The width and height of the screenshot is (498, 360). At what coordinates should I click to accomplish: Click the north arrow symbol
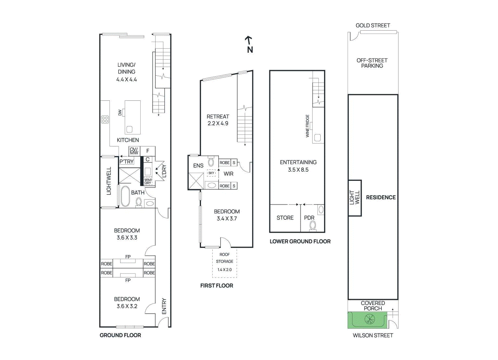pyautogui.click(x=249, y=40)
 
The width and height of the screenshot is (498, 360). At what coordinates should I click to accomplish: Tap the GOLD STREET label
pyautogui.click(x=373, y=26)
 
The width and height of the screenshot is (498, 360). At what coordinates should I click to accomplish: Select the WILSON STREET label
pyautogui.click(x=373, y=335)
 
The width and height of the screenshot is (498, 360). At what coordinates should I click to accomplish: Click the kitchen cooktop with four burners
pyautogui.click(x=105, y=119)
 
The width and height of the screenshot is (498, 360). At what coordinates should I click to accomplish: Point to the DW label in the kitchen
pyautogui.click(x=120, y=113)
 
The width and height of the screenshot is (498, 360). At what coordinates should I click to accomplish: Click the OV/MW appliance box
pyautogui.click(x=134, y=151)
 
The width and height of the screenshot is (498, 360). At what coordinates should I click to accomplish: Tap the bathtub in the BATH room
pyautogui.click(x=125, y=197)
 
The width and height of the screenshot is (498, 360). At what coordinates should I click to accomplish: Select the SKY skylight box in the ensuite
pyautogui.click(x=211, y=173)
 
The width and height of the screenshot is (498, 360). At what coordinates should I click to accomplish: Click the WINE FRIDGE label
pyautogui.click(x=308, y=126)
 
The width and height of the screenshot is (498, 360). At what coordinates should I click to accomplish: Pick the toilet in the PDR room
pyautogui.click(x=313, y=226)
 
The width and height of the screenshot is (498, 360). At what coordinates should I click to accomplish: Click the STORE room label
pyautogui.click(x=285, y=218)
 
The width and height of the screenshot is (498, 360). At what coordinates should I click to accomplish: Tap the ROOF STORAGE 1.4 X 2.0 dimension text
pyautogui.click(x=224, y=269)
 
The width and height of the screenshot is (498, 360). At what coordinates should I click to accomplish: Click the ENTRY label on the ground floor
pyautogui.click(x=164, y=306)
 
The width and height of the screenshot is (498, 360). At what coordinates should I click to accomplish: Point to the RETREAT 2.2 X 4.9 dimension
pyautogui.click(x=218, y=123)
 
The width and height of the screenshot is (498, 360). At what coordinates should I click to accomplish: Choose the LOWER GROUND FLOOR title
pyautogui.click(x=300, y=241)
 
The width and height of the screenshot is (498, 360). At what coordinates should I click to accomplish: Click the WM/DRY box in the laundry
pyautogui.click(x=148, y=181)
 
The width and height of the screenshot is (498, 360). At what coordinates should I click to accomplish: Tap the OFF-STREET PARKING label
pyautogui.click(x=372, y=63)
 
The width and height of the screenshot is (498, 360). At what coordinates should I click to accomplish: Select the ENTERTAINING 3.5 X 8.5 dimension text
pyautogui.click(x=298, y=170)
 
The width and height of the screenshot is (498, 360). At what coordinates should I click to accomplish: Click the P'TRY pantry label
pyautogui.click(x=126, y=161)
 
